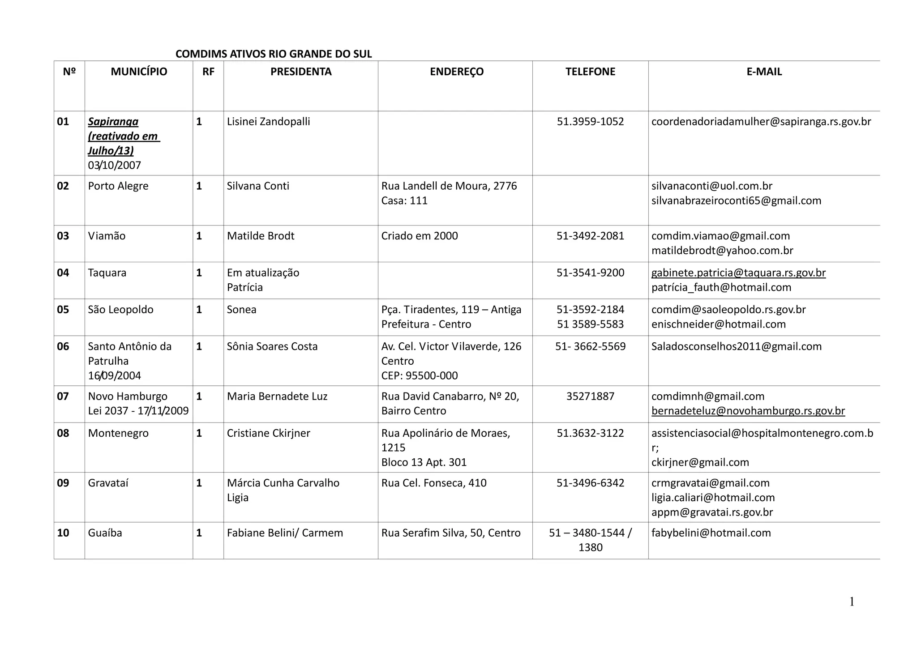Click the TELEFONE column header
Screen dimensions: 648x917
coord(590,72)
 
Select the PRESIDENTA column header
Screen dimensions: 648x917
coord(301,72)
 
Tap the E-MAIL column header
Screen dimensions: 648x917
coord(764,72)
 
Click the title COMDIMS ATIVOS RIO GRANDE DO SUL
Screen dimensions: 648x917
coord(274,54)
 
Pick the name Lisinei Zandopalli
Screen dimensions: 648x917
coord(268,122)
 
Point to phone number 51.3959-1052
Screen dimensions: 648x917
coord(590,122)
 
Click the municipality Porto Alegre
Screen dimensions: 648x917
coord(118,186)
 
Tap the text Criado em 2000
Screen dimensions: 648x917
coord(420,236)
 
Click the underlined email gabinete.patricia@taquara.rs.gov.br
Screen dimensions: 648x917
coord(738,273)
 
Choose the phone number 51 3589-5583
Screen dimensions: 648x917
coord(590,324)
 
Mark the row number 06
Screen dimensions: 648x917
coord(63,346)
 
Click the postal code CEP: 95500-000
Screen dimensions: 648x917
coord(420,375)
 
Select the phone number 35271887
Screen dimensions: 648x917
coord(590,396)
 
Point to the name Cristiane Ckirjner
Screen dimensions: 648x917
coord(268,433)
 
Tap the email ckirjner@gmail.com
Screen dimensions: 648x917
coord(700,462)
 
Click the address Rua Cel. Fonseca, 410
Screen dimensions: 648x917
coord(434,483)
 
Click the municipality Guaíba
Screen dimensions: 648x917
coord(105,533)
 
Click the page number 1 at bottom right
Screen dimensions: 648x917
coord(852,602)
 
